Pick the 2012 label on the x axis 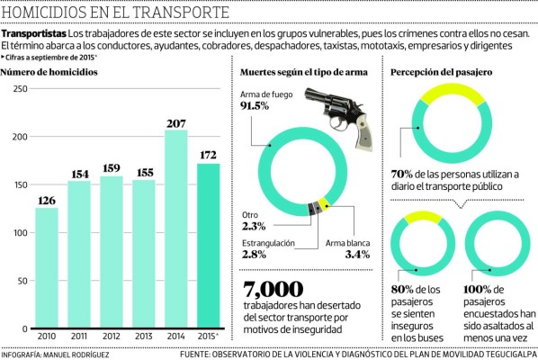pos(111,336)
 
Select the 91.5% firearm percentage pos(256,106)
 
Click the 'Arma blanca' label pos(346,242)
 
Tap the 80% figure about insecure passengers pos(403,288)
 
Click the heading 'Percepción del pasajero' pos(437,71)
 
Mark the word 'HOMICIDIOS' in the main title pos(45,13)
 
